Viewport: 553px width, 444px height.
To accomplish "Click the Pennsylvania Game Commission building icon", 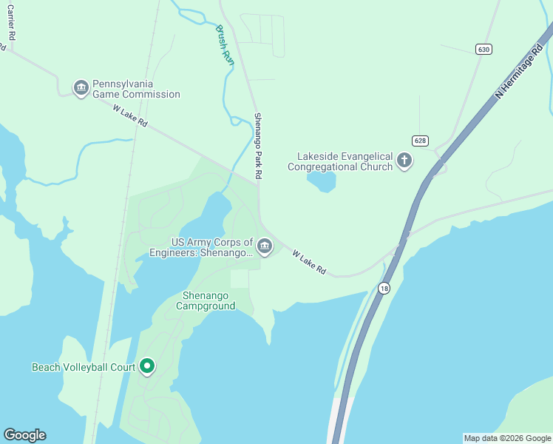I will (81, 88).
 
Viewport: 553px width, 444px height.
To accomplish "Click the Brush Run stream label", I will (225, 46).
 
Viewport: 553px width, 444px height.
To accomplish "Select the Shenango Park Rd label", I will (259, 146).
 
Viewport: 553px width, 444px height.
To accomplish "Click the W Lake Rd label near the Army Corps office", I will (309, 262).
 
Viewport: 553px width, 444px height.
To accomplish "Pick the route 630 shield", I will (484, 49).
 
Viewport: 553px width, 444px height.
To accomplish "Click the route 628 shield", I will (420, 141).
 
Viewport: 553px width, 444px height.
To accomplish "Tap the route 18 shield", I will (383, 288).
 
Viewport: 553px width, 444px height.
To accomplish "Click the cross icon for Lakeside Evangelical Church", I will (404, 161).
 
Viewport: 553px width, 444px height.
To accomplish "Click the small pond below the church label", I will (322, 181).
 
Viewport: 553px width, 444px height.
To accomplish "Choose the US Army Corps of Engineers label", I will (211, 247).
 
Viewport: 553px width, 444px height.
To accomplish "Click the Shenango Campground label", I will (208, 300).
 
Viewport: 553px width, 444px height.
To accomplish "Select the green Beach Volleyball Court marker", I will (147, 366).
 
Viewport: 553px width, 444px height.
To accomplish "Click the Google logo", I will (25, 435).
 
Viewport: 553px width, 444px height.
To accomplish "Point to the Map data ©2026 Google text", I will (507, 438).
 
